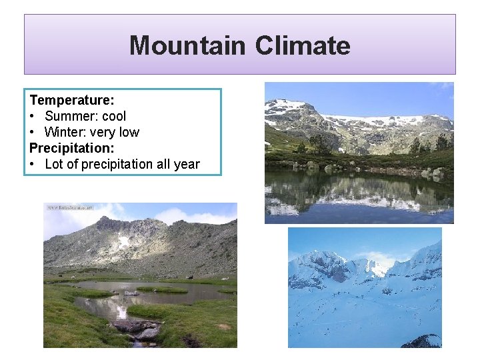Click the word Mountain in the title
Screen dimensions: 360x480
point(187,46)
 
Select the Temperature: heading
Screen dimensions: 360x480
point(72,100)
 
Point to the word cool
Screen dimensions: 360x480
point(113,116)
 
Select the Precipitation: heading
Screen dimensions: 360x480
point(72,148)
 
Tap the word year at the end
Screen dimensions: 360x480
point(186,164)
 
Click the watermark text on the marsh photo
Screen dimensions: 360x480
point(69,207)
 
